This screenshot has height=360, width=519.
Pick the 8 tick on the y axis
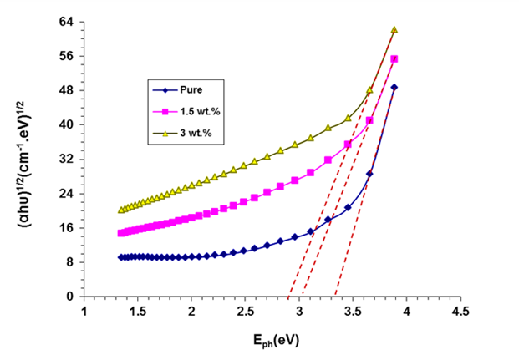click(x=72, y=261)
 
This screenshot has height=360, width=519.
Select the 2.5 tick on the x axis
click(x=245, y=312)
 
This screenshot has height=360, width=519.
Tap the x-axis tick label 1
click(x=84, y=312)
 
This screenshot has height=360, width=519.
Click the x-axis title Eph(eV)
click(x=273, y=341)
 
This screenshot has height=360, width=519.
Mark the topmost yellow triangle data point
click(x=394, y=30)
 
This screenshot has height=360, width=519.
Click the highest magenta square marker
click(x=394, y=59)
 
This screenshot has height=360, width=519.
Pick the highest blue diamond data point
click(x=394, y=87)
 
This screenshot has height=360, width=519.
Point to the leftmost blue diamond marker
click(x=121, y=257)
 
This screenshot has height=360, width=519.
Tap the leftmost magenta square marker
click(x=121, y=233)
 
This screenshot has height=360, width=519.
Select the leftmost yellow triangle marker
click(x=121, y=210)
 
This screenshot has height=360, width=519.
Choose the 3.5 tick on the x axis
click(x=352, y=312)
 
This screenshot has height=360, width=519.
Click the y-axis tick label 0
click(x=72, y=296)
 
